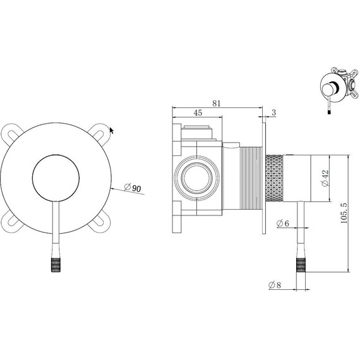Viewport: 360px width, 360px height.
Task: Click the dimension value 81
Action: [x=216, y=103]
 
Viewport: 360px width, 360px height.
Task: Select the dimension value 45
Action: [x=198, y=112]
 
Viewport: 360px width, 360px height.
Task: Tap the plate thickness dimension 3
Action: [x=274, y=112]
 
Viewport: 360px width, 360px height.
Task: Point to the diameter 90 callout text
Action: [x=132, y=188]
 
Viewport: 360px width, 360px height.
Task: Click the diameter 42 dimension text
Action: [x=325, y=178]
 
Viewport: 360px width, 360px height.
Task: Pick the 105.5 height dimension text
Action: [x=344, y=213]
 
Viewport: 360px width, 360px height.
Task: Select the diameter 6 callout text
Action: [x=283, y=223]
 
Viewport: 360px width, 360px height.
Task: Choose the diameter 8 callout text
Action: [x=275, y=285]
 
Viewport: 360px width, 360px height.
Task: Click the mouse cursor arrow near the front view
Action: [x=112, y=130]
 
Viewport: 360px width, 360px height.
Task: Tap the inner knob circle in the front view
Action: [x=56, y=178]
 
